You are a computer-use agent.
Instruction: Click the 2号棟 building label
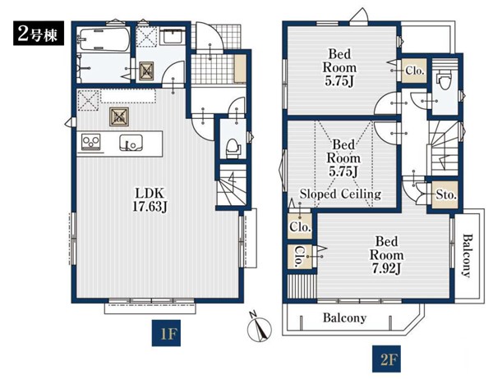[x=39, y=34]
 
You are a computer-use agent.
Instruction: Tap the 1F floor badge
[x=166, y=333]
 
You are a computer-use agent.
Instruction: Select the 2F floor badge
[x=386, y=359]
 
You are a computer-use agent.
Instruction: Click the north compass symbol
[x=260, y=327]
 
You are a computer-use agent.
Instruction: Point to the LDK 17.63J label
[x=150, y=199]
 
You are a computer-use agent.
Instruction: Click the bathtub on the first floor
[x=104, y=39]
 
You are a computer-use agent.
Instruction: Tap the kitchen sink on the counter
[x=131, y=143]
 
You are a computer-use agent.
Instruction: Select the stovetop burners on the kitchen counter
[x=91, y=142]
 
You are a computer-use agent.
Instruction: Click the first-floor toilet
[x=233, y=148]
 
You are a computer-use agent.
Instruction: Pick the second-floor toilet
[x=445, y=80]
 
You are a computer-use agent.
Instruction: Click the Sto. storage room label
[x=446, y=195]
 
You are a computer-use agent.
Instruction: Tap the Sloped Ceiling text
[x=340, y=194]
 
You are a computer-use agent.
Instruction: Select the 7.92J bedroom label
[x=386, y=255]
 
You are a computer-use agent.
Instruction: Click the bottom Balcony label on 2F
[x=344, y=318]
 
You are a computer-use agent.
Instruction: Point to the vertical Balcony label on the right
[x=468, y=255]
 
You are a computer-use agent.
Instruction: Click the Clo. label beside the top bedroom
[x=415, y=71]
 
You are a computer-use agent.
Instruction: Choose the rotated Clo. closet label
[x=300, y=257]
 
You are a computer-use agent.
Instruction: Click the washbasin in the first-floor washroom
[x=172, y=36]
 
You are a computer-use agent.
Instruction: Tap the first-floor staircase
[x=233, y=185]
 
